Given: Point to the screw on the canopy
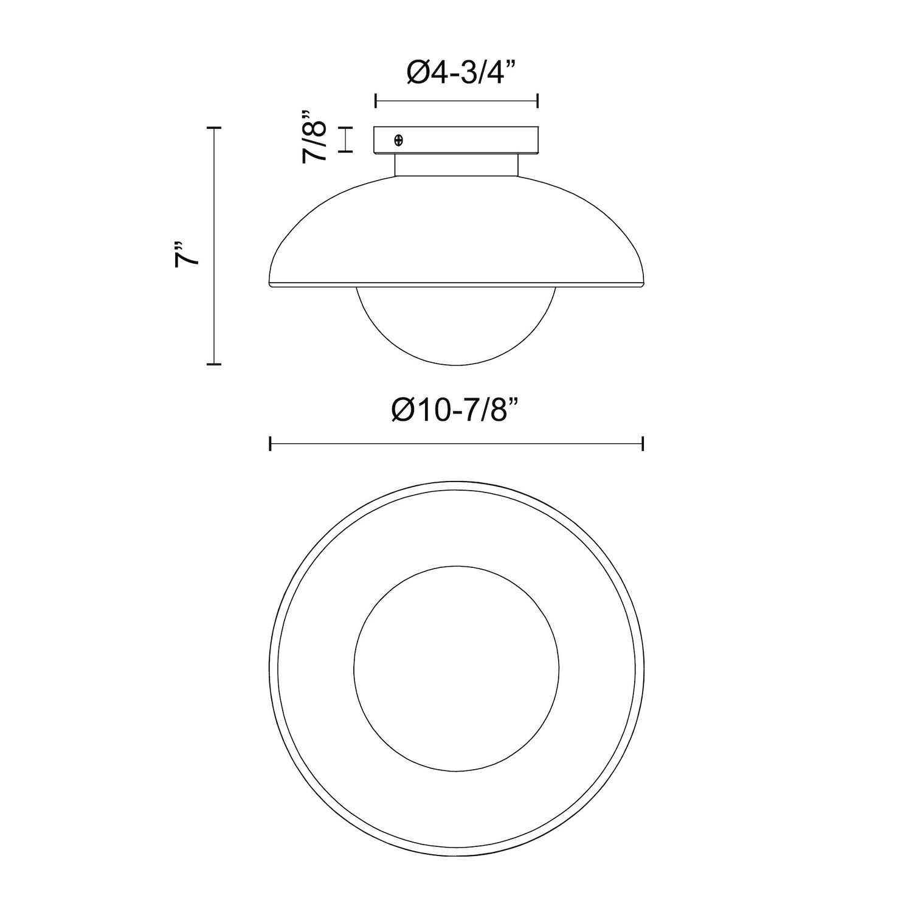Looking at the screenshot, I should [x=399, y=140].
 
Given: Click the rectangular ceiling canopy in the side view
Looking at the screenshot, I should [x=456, y=140].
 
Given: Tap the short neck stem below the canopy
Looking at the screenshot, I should [x=456, y=165].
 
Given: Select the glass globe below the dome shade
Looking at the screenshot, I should [x=456, y=325].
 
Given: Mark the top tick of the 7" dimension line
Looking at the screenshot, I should [x=213, y=128].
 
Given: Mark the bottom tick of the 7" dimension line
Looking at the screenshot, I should [x=213, y=364].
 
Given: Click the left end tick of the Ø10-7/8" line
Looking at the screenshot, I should [x=270, y=444].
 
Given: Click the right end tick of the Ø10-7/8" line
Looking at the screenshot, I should [x=643, y=444].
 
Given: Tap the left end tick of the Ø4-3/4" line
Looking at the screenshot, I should [x=376, y=101].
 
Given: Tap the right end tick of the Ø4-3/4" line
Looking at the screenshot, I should [x=537, y=101].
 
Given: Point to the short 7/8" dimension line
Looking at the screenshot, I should [x=346, y=139].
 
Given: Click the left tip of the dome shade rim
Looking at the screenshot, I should [x=269, y=284].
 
